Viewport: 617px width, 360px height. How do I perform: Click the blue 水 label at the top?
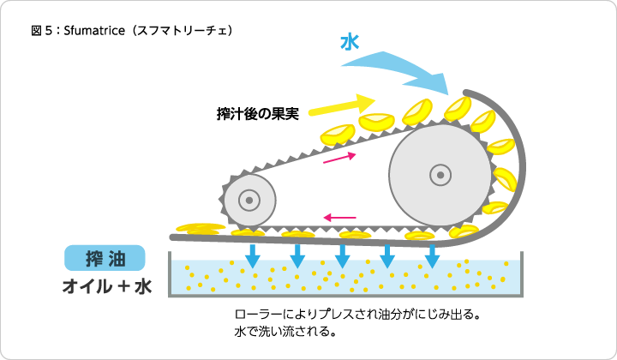[350, 43]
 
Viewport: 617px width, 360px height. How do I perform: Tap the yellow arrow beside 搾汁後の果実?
[342, 105]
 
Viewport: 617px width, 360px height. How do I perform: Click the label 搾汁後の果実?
[257, 114]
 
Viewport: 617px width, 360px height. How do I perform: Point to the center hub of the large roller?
[440, 175]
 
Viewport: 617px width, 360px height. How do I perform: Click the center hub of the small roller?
[249, 201]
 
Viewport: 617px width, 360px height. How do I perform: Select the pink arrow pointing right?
[339, 158]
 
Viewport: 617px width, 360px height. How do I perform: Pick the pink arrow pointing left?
[339, 217]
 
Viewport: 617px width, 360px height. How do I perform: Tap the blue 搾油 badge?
[105, 258]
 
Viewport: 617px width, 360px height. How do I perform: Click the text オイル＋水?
[107, 286]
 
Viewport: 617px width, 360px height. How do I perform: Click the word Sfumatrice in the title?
[94, 30]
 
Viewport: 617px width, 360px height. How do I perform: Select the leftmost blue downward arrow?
[253, 256]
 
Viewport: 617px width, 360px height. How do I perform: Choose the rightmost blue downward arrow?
[433, 256]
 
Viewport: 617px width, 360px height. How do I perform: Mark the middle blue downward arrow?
[342, 256]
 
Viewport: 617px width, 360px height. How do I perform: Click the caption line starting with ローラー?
[357, 315]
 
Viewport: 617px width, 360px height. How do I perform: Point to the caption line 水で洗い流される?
[285, 331]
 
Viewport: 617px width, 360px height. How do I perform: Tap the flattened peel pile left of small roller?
[201, 229]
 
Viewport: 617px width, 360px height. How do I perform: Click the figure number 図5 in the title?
[41, 30]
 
